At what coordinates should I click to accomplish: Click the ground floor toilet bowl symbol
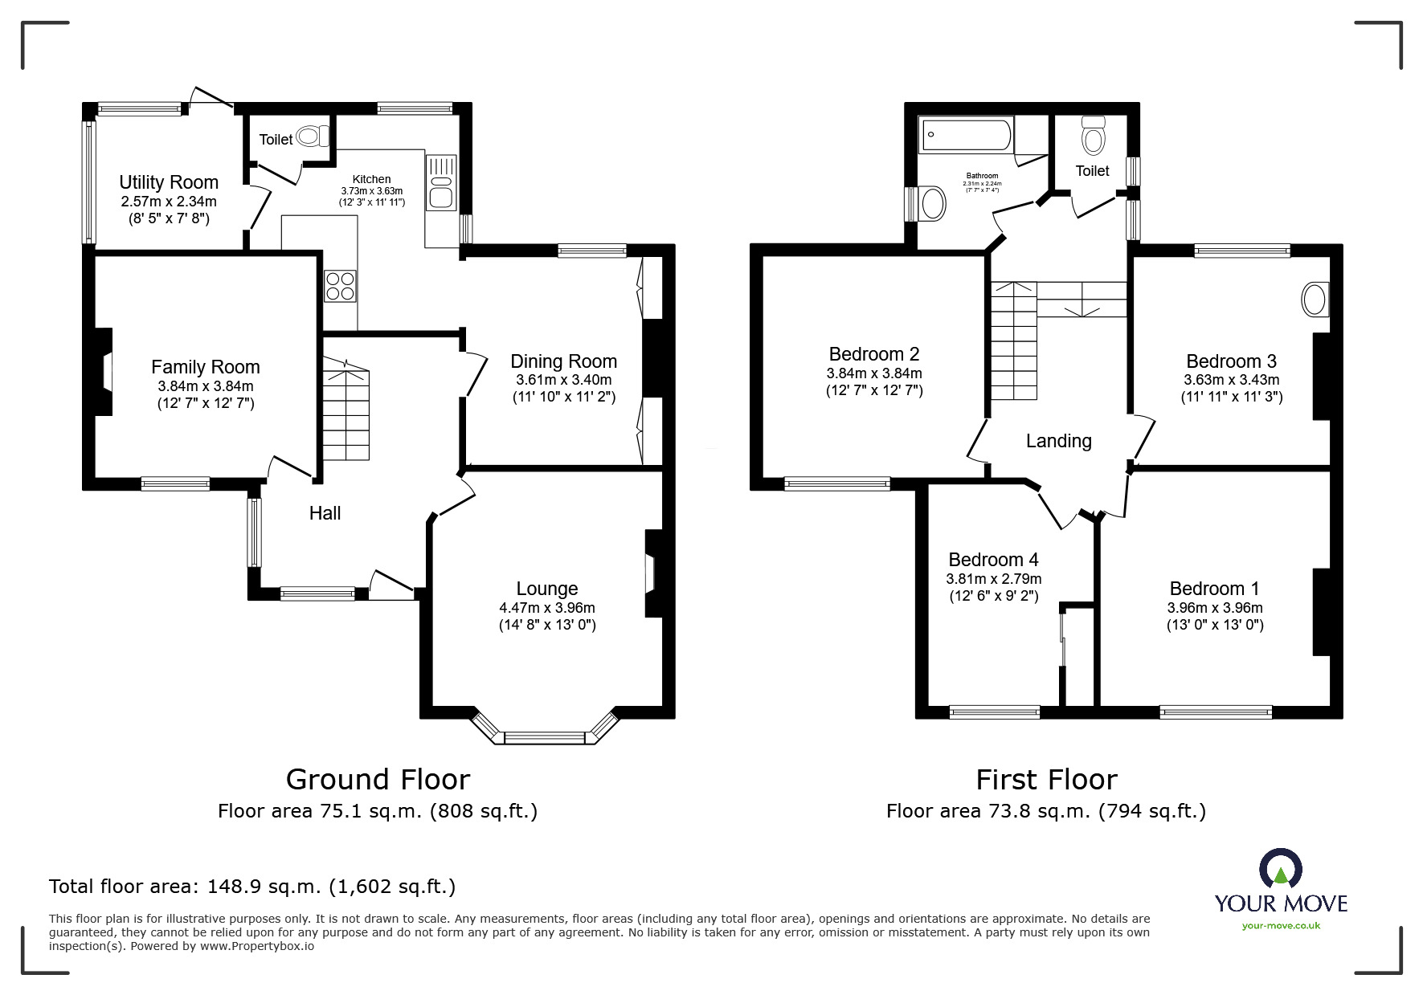(x=312, y=137)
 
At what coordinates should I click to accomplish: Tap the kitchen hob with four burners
(x=340, y=286)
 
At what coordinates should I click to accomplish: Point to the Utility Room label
(x=169, y=182)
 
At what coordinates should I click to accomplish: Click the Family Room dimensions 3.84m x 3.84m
(x=206, y=386)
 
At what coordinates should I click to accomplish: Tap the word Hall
(x=325, y=513)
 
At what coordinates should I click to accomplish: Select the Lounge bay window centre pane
(x=546, y=737)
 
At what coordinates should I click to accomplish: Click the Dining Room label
(x=563, y=361)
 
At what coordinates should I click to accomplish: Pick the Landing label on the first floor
(x=1058, y=441)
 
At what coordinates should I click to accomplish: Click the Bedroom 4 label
(x=993, y=560)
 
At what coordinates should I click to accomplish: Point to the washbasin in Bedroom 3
(x=1315, y=300)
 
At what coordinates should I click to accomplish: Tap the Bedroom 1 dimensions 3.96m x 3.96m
(x=1214, y=608)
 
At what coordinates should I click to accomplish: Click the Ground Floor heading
(x=378, y=780)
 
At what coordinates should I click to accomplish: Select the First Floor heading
(x=1046, y=780)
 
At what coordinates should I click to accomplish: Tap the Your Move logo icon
(x=1280, y=870)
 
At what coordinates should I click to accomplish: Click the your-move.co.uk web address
(x=1281, y=926)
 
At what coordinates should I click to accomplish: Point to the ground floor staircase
(x=346, y=414)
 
